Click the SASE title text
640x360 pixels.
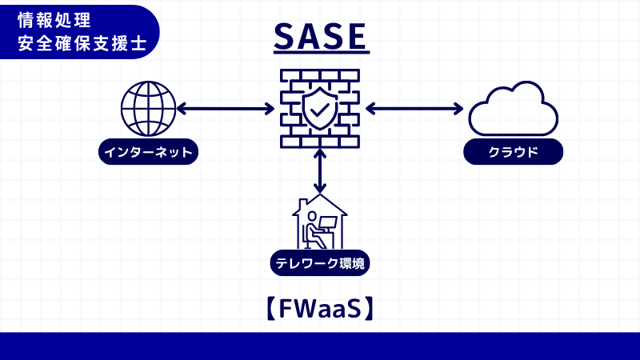point(320,36)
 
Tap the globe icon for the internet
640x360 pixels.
point(148,110)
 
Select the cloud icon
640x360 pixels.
point(513,110)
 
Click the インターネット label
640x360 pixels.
point(149,152)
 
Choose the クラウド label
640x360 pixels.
point(513,152)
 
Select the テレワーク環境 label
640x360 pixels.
point(320,262)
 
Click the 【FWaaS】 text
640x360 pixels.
point(320,308)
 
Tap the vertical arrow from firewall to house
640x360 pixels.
point(320,170)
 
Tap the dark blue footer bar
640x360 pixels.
point(320,346)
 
